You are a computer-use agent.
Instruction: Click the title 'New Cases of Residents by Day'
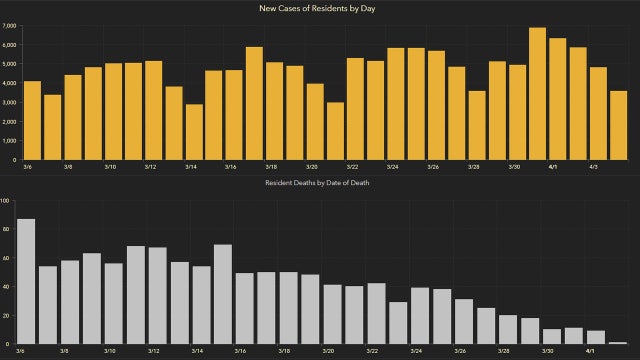click(x=319, y=9)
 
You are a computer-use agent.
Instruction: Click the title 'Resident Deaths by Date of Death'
click(x=319, y=184)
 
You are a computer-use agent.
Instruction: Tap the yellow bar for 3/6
click(x=32, y=120)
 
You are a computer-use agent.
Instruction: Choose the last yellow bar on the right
click(x=618, y=125)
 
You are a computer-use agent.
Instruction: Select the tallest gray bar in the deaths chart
click(x=26, y=281)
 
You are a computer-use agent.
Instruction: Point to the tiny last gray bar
click(x=618, y=343)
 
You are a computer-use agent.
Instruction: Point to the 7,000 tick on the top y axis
click(x=8, y=24)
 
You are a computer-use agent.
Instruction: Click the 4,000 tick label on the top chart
click(x=8, y=82)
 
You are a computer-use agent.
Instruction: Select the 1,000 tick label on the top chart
click(x=8, y=140)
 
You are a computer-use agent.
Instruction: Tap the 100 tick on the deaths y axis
click(x=5, y=201)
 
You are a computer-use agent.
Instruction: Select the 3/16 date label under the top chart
click(x=230, y=168)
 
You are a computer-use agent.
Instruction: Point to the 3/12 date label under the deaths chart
click(x=155, y=352)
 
